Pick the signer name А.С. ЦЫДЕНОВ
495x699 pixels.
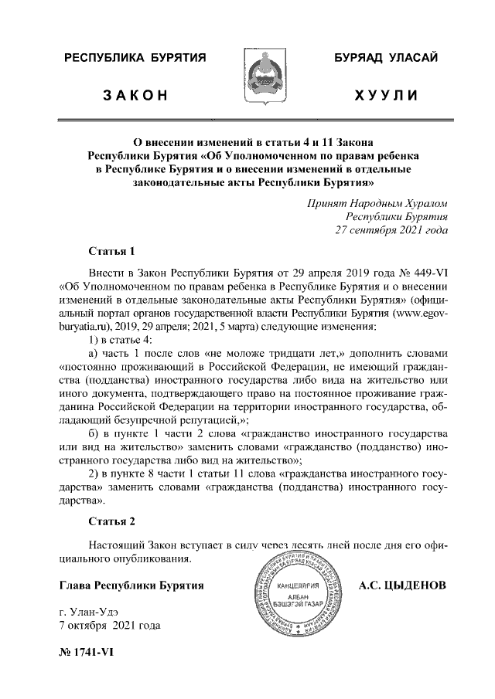402,585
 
